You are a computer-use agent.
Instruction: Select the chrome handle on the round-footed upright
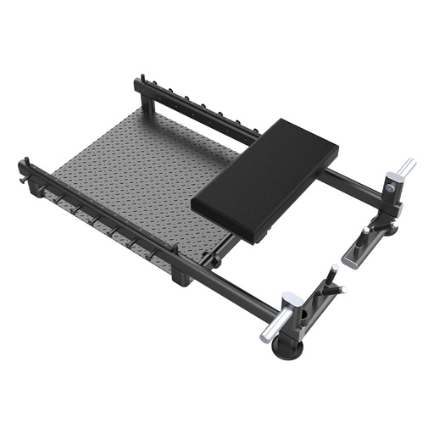pyautogui.click(x=274, y=325)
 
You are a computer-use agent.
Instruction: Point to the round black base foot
pyautogui.click(x=288, y=348)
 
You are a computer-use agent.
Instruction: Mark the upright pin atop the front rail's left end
pyautogui.click(x=29, y=163)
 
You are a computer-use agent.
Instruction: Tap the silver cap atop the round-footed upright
pyautogui.click(x=291, y=299)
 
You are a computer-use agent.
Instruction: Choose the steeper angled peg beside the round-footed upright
pyautogui.click(x=331, y=277)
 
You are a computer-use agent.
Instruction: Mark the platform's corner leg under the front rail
pyautogui.click(x=180, y=276)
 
